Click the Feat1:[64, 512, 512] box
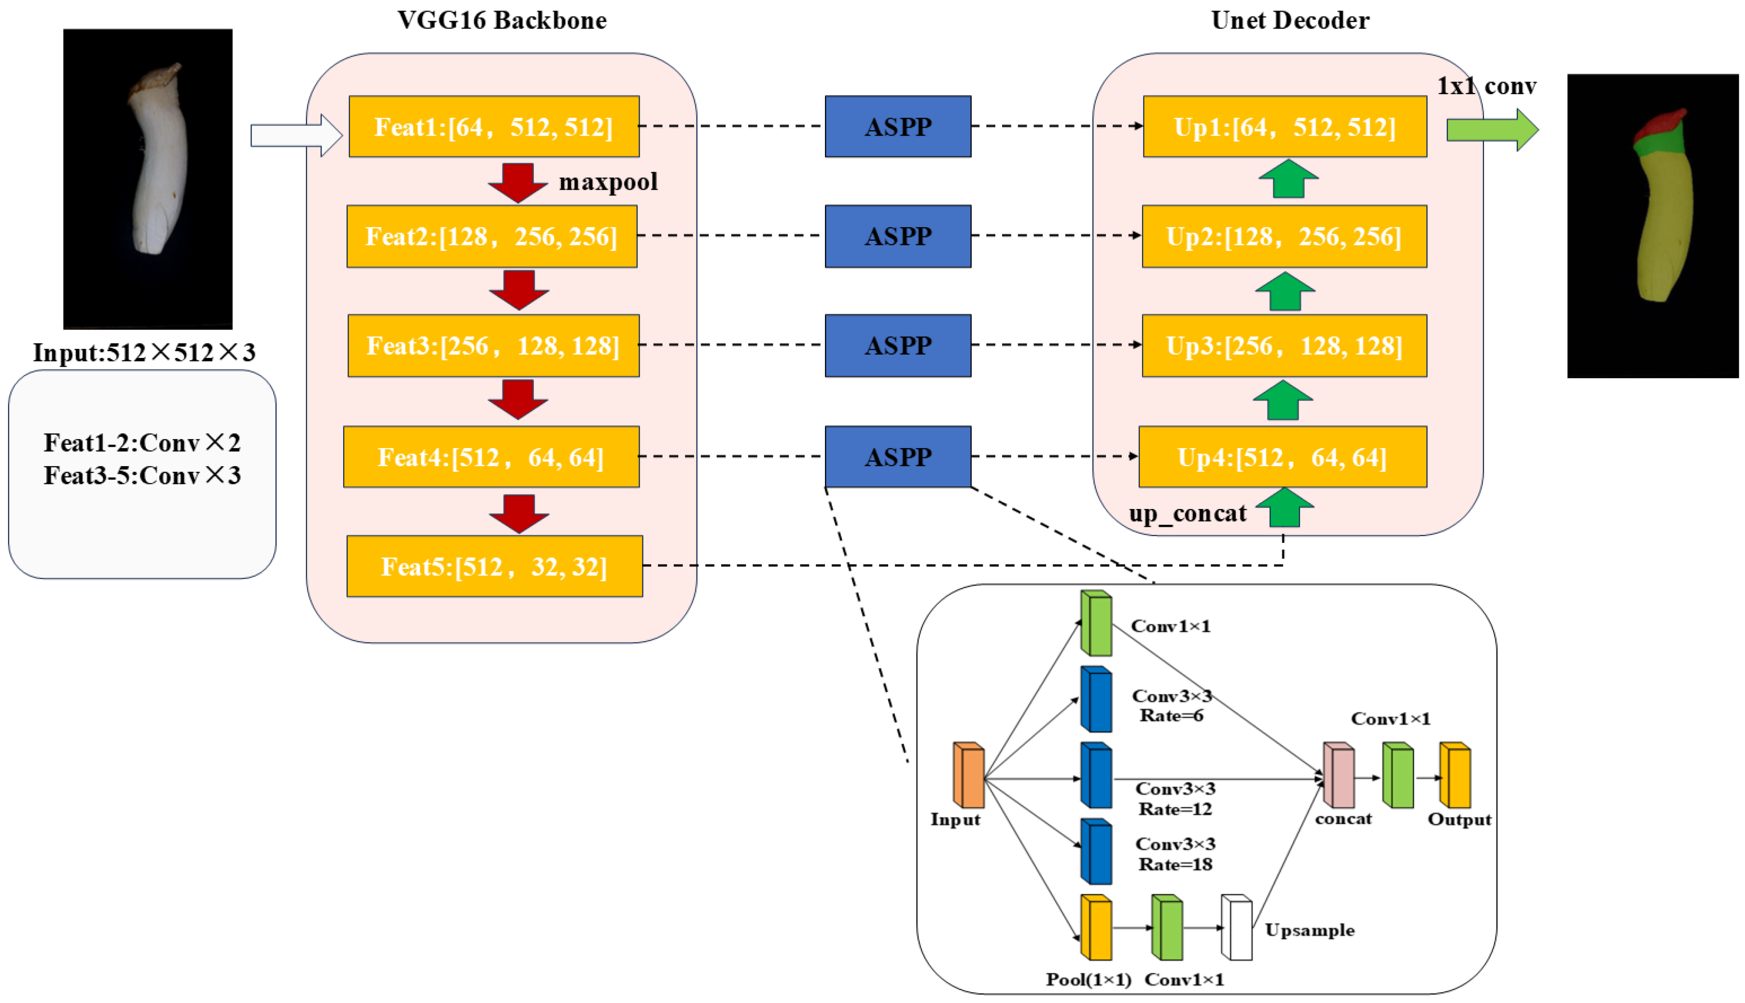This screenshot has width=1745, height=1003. click(493, 127)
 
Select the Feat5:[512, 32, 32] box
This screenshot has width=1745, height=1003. click(494, 566)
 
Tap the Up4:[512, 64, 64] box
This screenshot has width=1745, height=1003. click(1282, 457)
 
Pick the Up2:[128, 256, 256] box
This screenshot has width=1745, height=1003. click(1284, 236)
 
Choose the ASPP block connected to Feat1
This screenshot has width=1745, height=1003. click(897, 127)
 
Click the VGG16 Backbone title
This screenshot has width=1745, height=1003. click(502, 21)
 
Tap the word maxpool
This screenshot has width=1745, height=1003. click(608, 182)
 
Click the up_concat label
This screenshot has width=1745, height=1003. click(1187, 514)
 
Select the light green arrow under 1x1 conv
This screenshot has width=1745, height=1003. click(1492, 129)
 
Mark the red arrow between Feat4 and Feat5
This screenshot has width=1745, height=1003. click(519, 514)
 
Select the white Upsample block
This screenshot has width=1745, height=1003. click(1236, 927)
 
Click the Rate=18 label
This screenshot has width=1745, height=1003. click(1175, 865)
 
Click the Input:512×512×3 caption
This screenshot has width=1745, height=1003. click(144, 353)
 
